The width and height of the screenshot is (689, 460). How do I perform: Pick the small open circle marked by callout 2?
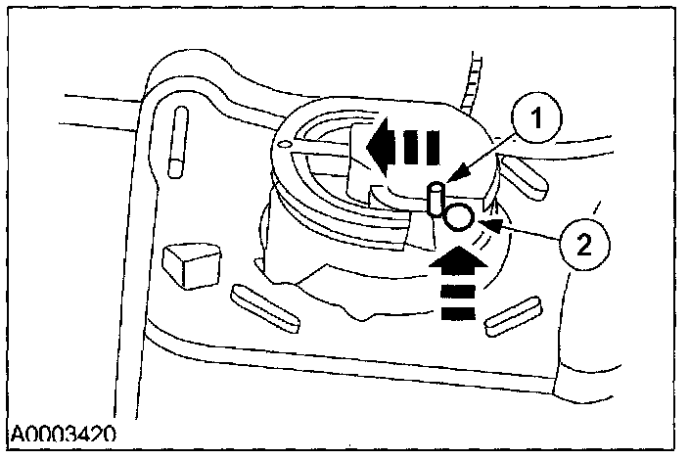tap(460, 217)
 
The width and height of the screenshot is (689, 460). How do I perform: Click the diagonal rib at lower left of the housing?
tap(264, 305)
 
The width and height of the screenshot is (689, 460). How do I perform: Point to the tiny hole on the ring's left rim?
tap(284, 147)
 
